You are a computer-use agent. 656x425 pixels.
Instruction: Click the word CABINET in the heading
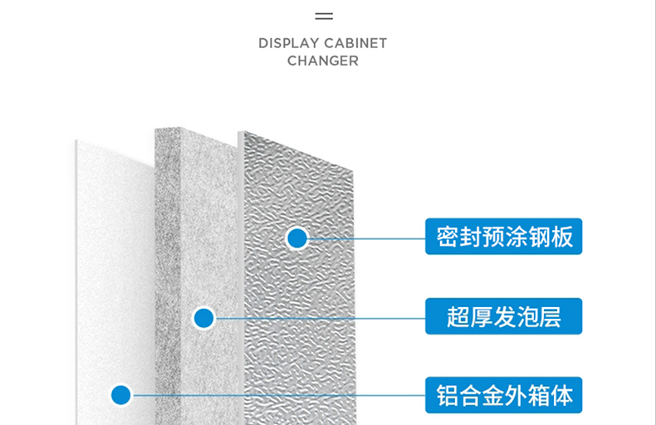click(x=356, y=43)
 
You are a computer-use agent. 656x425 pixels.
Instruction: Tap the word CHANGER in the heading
click(x=323, y=61)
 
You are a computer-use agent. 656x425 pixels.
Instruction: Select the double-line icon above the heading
click(x=324, y=16)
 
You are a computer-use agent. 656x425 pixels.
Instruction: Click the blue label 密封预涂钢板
click(x=503, y=237)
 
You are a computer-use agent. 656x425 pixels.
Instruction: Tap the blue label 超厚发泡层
click(x=503, y=316)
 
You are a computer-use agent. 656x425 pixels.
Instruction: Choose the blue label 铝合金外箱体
click(x=503, y=395)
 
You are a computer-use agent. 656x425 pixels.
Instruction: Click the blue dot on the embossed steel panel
click(x=296, y=238)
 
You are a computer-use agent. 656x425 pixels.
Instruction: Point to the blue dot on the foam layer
click(x=203, y=317)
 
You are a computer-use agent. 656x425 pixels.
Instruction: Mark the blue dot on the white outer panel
click(x=121, y=395)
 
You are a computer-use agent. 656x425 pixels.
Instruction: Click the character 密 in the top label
click(x=448, y=237)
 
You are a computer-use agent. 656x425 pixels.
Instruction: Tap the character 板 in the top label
click(x=562, y=237)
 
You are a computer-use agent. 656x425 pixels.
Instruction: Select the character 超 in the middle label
click(x=458, y=316)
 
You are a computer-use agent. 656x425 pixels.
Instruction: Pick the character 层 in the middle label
click(x=550, y=316)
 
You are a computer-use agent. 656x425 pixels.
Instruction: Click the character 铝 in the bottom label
click(x=448, y=395)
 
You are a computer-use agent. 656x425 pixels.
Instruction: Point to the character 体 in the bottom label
click(x=562, y=395)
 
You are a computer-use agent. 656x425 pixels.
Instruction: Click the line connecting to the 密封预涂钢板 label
click(x=365, y=238)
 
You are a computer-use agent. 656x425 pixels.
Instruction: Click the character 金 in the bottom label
click(x=493, y=395)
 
